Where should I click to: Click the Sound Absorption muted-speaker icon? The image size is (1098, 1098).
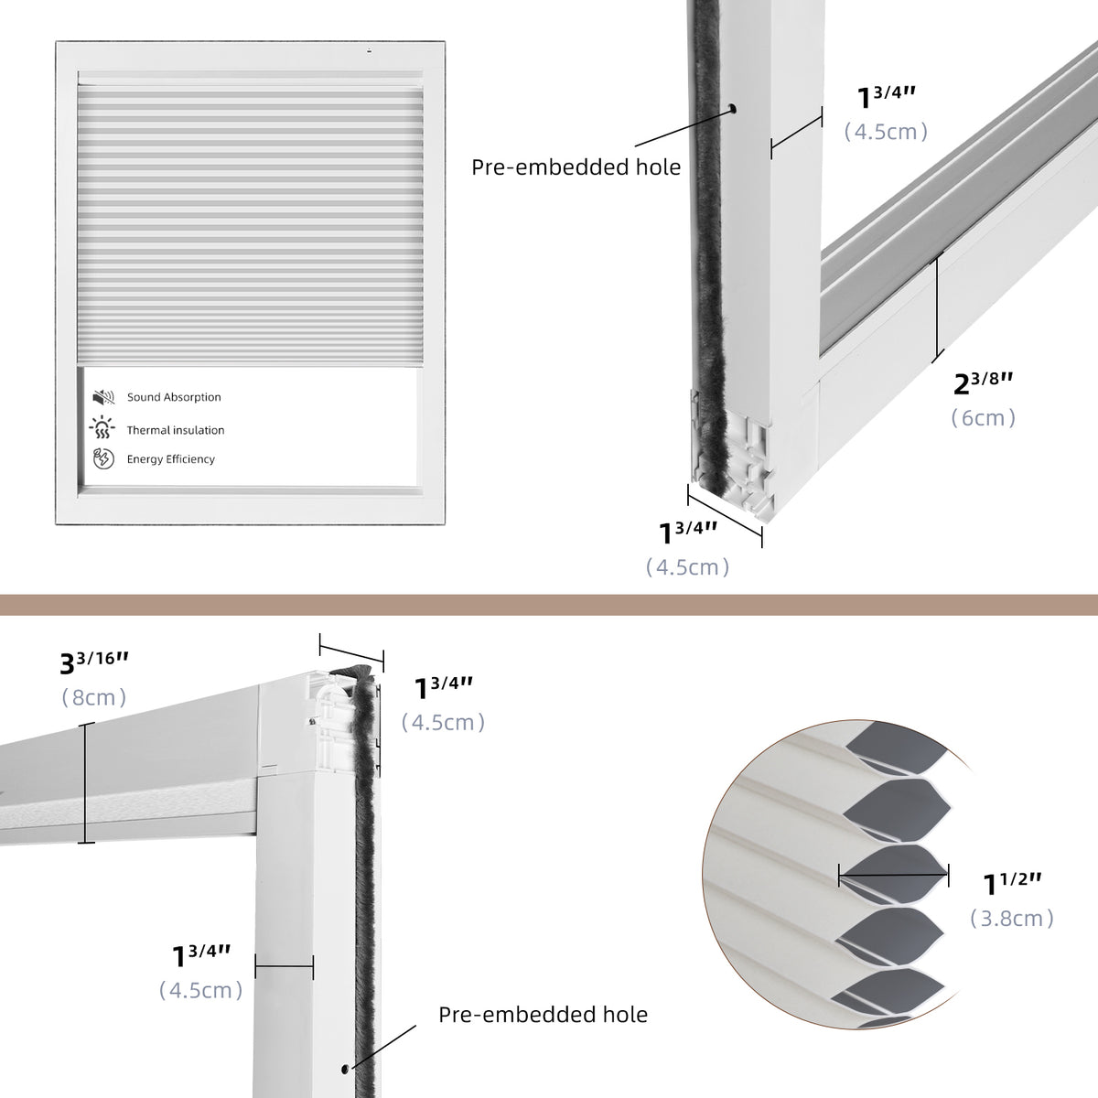(102, 397)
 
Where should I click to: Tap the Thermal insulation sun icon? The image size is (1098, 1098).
(102, 428)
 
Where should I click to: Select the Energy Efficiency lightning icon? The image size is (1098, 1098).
(102, 458)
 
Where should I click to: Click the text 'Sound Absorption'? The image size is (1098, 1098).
(174, 397)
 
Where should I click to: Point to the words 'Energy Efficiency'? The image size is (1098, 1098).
(171, 459)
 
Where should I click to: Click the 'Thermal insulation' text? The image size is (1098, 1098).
(176, 430)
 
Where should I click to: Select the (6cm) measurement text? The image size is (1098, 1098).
(984, 418)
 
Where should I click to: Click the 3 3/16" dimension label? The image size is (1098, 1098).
(94, 661)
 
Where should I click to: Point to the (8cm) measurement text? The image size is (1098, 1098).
(94, 697)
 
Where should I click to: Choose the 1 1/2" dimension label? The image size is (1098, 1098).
(1012, 883)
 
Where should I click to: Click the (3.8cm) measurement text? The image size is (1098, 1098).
(1012, 918)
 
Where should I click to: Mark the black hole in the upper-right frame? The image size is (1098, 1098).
(734, 110)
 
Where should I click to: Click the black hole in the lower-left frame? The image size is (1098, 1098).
(344, 1068)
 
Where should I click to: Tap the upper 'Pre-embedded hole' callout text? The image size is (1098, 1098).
(576, 167)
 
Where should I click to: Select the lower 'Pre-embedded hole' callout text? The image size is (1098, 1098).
(543, 1015)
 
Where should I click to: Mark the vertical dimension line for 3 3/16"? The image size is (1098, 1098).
(87, 782)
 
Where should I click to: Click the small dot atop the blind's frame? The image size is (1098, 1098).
(370, 51)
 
